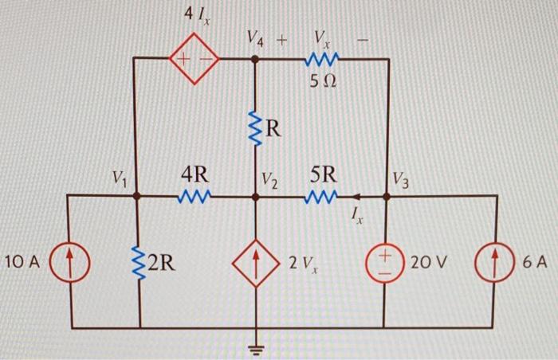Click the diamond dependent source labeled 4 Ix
192,59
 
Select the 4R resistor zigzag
196,195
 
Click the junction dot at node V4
255,59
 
